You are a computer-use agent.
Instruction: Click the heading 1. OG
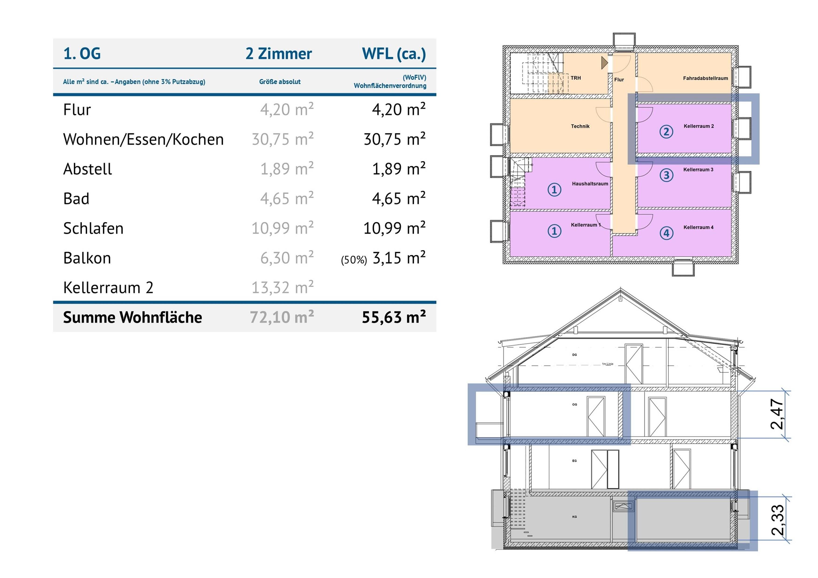coord(82,54)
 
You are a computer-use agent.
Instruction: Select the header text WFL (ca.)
coord(394,54)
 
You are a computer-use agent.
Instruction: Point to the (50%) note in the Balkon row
coord(354,260)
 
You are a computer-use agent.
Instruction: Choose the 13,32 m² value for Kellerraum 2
coord(283,287)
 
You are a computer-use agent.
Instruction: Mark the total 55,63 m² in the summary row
coord(394,317)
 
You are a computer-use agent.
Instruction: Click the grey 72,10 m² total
coord(281,317)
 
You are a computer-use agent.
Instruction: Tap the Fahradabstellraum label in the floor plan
coord(705,78)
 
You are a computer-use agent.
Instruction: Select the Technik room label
coord(580,126)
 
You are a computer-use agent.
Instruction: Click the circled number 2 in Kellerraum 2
coord(666,132)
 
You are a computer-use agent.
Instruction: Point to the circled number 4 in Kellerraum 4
coord(666,233)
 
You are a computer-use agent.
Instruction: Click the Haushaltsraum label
coord(590,184)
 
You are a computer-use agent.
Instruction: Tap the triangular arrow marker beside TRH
coord(604,63)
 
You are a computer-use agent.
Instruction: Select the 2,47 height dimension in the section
coord(777,414)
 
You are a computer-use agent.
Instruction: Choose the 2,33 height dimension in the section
coord(778,520)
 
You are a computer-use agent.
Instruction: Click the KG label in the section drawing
coord(574,517)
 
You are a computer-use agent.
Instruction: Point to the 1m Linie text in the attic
coord(607,364)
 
